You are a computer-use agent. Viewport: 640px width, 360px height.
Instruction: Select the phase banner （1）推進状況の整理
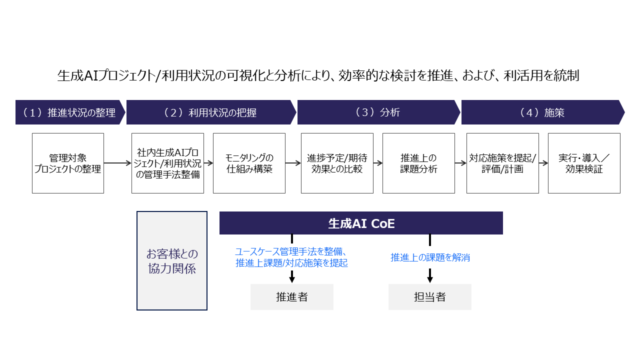click(69, 112)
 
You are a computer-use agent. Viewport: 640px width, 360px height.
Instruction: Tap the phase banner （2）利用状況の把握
click(210, 112)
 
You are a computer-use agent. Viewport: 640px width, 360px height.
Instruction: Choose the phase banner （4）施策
click(542, 112)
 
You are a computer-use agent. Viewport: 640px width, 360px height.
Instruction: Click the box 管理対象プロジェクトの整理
click(68, 163)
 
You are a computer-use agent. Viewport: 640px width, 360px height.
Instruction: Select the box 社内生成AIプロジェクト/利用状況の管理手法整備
click(167, 163)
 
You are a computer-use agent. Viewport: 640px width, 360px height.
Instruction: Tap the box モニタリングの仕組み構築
click(249, 163)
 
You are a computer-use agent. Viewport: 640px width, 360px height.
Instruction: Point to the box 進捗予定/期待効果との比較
click(337, 163)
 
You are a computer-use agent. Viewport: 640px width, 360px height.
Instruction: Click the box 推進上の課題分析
click(418, 163)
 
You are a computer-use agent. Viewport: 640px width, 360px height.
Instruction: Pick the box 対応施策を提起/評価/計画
click(502, 163)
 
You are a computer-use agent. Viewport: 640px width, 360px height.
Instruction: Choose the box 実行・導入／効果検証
click(584, 163)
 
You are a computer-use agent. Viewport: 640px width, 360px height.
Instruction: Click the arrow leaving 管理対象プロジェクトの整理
click(117, 163)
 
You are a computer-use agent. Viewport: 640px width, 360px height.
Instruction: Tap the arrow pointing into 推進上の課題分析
click(378, 163)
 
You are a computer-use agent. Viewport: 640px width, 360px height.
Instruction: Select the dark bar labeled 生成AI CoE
click(361, 223)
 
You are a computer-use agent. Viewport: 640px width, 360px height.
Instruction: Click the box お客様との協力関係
click(172, 260)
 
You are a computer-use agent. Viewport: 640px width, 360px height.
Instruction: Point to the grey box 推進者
click(292, 297)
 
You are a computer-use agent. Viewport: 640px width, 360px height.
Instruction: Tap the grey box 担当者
click(430, 297)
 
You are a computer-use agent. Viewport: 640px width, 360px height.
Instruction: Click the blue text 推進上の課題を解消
click(430, 258)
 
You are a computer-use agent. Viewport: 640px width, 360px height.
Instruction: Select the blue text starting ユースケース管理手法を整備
click(291, 257)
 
